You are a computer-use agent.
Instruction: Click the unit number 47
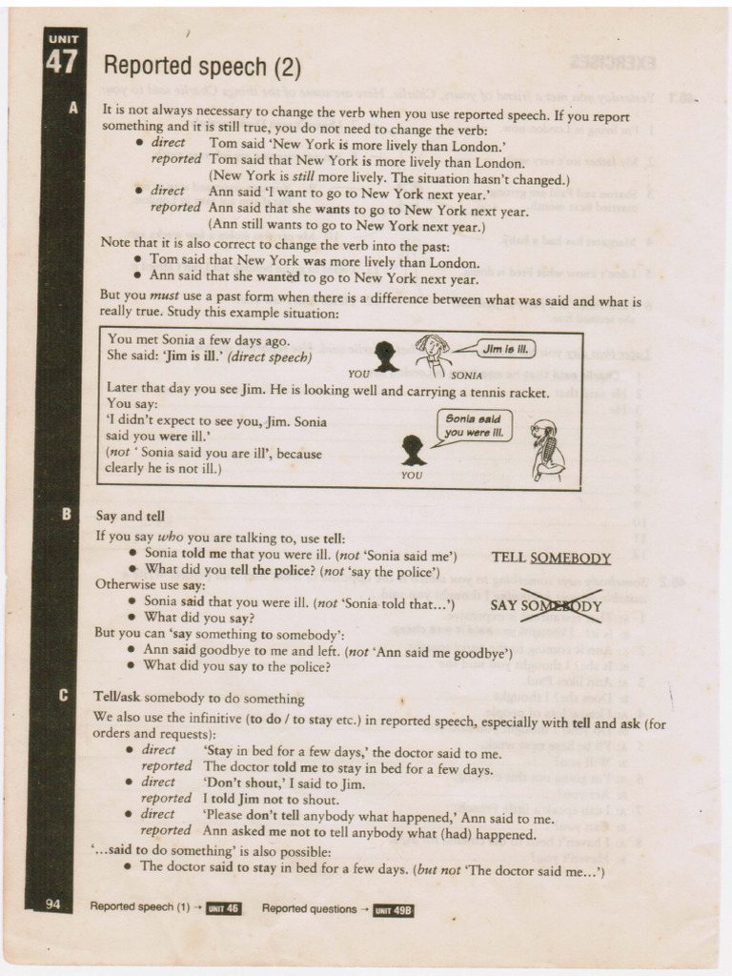(62, 62)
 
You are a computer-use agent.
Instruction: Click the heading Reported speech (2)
(202, 67)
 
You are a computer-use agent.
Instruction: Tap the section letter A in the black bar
(73, 109)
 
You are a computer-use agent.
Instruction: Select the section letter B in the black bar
(66, 514)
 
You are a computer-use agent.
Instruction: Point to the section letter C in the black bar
(64, 695)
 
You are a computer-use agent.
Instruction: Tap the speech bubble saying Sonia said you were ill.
(475, 426)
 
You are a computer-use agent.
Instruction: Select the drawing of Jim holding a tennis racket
(547, 450)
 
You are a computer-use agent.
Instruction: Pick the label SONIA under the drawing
(466, 376)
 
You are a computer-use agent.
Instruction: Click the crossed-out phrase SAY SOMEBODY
(546, 605)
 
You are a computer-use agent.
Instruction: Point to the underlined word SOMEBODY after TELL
(570, 558)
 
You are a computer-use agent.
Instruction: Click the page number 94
(53, 904)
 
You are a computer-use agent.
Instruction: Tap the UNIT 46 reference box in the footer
(223, 908)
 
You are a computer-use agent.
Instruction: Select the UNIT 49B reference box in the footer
(394, 910)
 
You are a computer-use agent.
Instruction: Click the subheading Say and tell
(130, 516)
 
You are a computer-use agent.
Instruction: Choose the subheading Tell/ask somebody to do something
(199, 698)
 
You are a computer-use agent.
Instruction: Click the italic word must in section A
(164, 295)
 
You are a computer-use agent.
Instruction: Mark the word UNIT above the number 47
(64, 39)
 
